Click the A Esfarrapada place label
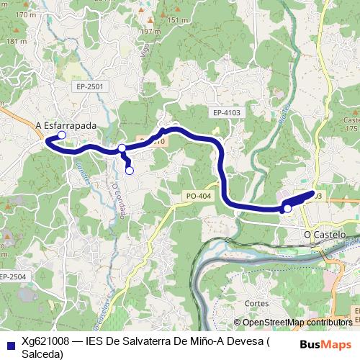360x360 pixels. click(x=66, y=125)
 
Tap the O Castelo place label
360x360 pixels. click(x=325, y=235)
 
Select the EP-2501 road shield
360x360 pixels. click(x=90, y=86)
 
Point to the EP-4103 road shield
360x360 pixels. click(x=226, y=113)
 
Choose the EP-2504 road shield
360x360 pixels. click(x=12, y=276)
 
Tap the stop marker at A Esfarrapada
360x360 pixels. click(x=62, y=135)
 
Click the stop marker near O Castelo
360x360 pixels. click(x=287, y=209)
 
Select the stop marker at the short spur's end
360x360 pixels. click(x=130, y=171)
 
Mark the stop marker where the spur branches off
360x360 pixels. click(x=122, y=148)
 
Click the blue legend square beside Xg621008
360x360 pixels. click(x=9, y=342)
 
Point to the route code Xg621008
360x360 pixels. click(x=45, y=341)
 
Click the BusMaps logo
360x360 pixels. click(x=325, y=344)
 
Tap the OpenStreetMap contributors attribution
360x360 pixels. click(x=297, y=322)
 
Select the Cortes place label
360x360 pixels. click(x=256, y=304)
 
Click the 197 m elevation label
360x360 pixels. click(x=150, y=32)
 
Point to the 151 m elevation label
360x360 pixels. click(x=178, y=20)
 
